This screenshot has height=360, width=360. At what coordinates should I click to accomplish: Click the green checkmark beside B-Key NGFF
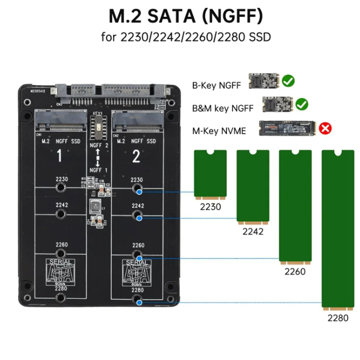(288, 81)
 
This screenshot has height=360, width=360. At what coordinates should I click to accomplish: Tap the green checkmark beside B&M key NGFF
(302, 104)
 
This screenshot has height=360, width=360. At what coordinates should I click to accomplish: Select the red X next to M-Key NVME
(325, 129)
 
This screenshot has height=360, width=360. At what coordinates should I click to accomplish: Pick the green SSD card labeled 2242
(253, 187)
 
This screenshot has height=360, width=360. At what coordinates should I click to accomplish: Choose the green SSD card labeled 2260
(295, 207)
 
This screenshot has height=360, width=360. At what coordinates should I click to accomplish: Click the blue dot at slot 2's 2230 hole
(139, 192)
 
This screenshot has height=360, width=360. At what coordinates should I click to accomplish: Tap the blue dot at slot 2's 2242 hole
(139, 218)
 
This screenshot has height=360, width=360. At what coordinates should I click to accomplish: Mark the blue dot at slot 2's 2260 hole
(139, 258)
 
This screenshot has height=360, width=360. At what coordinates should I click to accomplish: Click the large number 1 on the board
(59, 157)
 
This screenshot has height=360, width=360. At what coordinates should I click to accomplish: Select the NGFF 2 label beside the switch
(99, 145)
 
